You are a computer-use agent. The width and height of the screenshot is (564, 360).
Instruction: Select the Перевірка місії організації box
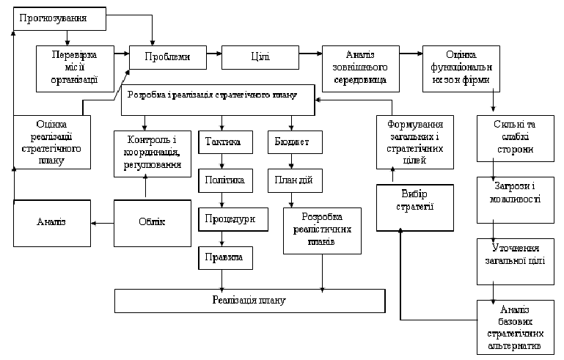pyautogui.click(x=74, y=67)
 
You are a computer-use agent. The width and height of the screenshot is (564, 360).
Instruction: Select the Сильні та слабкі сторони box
pyautogui.click(x=513, y=138)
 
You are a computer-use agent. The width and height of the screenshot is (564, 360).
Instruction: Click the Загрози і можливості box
pyautogui.click(x=513, y=199)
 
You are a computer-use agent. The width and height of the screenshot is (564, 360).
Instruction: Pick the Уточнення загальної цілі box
pyautogui.click(x=513, y=257)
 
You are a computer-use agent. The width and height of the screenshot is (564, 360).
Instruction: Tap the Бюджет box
pyautogui.click(x=293, y=142)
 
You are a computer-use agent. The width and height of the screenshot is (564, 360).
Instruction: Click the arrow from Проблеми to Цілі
pyautogui.click(x=213, y=55)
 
